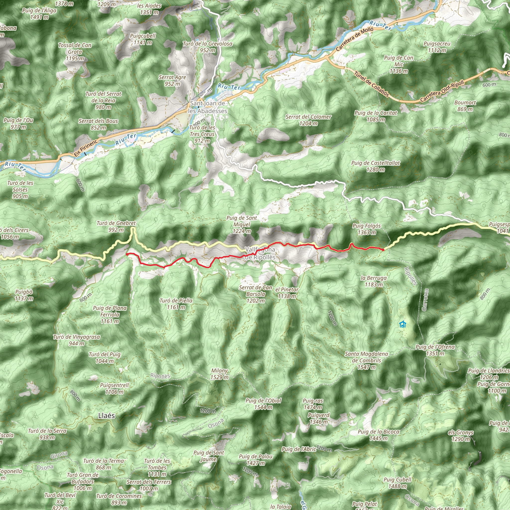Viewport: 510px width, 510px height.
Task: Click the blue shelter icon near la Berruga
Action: coord(402,324)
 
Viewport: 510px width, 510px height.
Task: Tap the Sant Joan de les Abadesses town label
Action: coord(207,107)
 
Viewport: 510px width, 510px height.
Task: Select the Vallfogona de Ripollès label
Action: coord(260,254)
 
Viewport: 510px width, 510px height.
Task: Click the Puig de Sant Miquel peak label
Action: coord(242,224)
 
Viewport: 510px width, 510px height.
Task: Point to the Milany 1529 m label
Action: coord(219,374)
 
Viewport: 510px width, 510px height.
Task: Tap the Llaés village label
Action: coord(106,416)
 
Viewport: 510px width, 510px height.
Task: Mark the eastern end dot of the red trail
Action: coord(383,250)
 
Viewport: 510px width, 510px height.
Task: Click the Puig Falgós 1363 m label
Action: coord(367,229)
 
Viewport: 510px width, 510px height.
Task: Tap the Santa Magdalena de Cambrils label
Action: coord(366,360)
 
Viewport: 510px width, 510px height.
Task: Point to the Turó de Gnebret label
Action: coord(116,226)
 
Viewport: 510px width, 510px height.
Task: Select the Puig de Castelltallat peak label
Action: coord(375,166)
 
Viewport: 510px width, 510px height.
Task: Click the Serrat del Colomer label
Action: coord(308,120)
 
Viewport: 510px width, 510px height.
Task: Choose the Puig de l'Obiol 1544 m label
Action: coord(263,404)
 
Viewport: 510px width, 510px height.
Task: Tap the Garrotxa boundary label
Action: coord(425,300)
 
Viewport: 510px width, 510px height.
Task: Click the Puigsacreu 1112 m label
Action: coord(437,47)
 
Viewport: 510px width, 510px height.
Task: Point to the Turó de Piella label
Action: coord(176,304)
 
